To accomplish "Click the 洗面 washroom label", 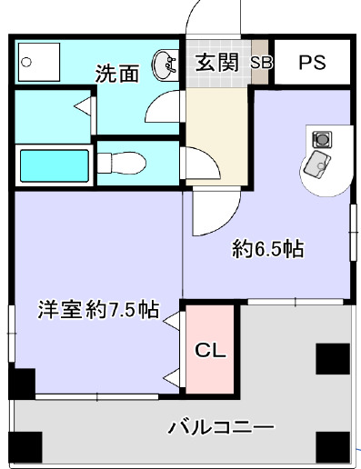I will [117, 73].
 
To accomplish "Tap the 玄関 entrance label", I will [216, 63].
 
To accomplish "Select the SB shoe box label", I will [261, 64].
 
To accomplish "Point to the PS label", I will [312, 64].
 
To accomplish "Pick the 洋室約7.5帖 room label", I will [97, 309].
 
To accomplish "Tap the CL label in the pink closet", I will [211, 350].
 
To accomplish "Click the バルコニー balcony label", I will [221, 426].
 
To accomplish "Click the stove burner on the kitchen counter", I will [320, 139].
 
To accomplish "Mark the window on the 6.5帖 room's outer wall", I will [351, 232].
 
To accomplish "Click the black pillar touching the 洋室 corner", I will [22, 384].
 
